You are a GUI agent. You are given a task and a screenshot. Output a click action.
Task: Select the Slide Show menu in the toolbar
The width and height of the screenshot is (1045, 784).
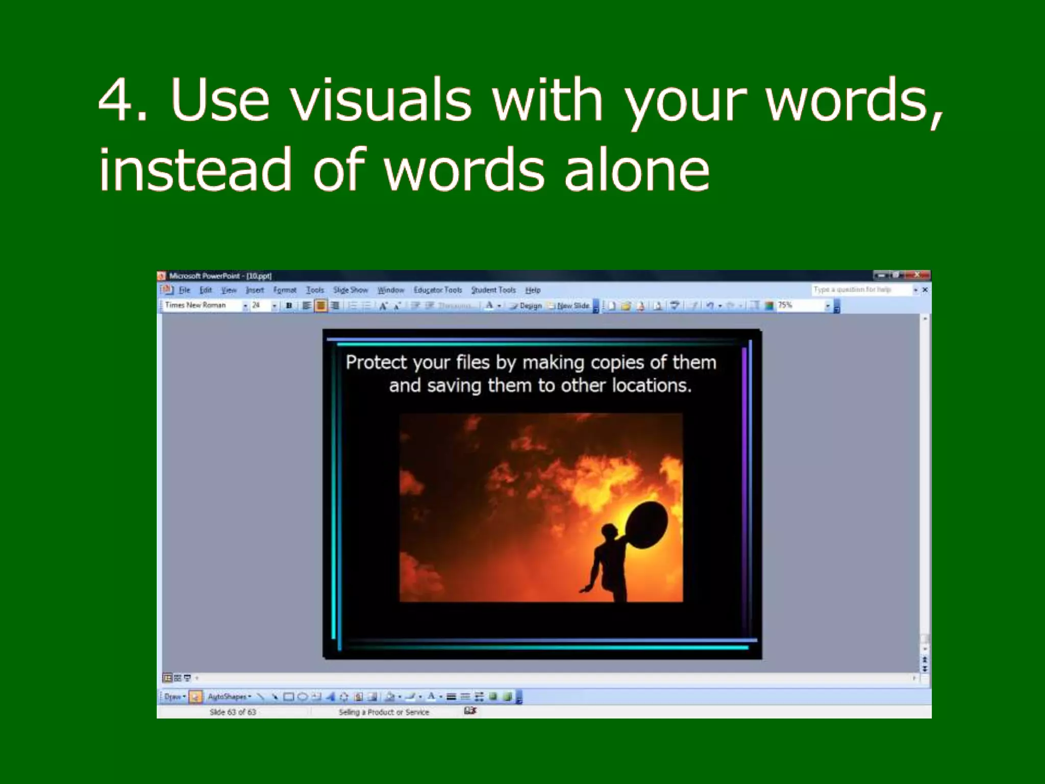point(350,290)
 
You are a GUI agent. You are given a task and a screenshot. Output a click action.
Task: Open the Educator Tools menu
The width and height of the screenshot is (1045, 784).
point(437,290)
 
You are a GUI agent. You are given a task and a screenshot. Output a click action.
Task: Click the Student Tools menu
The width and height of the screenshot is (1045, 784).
point(493,290)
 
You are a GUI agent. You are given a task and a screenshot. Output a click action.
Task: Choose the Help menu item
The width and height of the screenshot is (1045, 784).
point(533,290)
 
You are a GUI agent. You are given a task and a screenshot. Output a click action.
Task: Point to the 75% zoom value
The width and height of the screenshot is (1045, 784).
point(785,305)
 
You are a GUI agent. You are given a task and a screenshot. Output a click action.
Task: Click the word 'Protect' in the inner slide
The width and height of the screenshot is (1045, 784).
point(376,362)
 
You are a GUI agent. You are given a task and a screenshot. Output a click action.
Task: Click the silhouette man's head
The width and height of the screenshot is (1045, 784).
point(608,532)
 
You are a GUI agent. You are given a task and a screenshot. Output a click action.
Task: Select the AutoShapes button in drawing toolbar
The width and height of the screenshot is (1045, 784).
point(228,696)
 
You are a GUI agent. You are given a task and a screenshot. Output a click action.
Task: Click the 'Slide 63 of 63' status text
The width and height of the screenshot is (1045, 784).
point(233,712)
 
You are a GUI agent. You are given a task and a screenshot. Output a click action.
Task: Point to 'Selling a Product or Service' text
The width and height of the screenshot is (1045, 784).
point(384,712)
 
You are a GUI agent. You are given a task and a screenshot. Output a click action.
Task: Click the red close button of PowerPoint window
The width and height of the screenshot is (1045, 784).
point(917,275)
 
